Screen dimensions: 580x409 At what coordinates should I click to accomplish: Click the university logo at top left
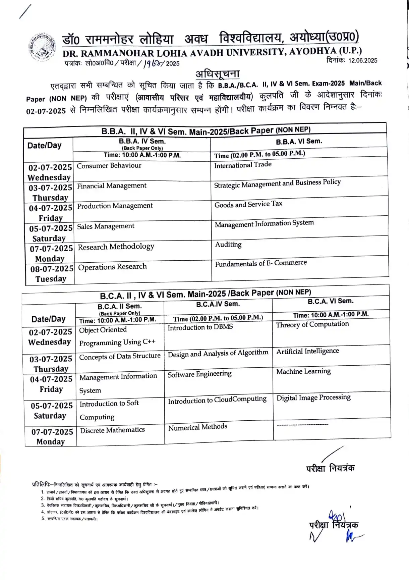tap(42, 47)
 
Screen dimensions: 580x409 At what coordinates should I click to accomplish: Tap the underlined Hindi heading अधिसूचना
tap(218, 73)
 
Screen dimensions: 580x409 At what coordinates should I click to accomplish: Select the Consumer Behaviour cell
tap(109, 165)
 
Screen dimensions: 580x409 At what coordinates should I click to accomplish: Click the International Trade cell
tap(243, 165)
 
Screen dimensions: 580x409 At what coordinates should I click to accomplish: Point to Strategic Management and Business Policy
tap(277, 183)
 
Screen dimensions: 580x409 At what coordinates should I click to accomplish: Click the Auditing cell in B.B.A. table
tap(228, 245)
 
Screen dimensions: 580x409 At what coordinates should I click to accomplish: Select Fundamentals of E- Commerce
tap(261, 263)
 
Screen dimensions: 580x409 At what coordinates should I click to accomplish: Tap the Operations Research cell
tap(112, 267)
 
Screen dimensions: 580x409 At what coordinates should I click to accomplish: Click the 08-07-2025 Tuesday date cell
tap(51, 274)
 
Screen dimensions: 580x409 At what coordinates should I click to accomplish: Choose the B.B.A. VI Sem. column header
tap(299, 141)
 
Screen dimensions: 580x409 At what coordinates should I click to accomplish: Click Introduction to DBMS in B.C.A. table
tap(200, 327)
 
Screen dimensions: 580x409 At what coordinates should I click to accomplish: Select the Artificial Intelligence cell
tap(307, 351)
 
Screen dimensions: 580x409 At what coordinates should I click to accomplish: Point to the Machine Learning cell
tap(303, 371)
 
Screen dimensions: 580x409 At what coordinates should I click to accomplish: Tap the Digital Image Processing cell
tap(313, 398)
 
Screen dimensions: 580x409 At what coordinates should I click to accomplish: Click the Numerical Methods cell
tap(197, 427)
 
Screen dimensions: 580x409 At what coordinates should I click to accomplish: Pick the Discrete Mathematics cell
tap(112, 430)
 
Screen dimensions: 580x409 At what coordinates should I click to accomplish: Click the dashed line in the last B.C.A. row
tap(302, 425)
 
